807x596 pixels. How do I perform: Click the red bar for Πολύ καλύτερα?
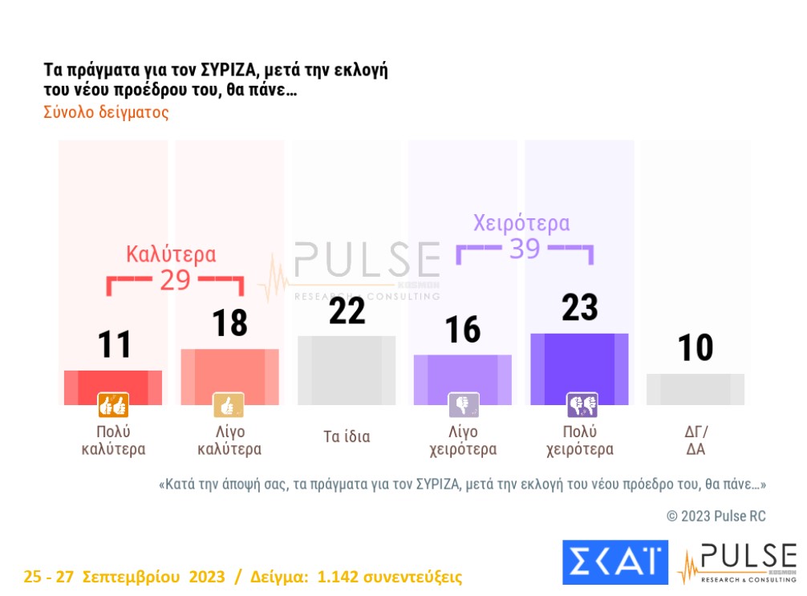113,387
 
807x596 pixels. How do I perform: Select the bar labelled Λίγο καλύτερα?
230,376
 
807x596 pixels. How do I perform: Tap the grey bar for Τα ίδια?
347,370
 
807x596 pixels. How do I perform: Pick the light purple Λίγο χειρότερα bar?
463,379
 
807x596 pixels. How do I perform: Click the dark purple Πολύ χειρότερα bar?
579,369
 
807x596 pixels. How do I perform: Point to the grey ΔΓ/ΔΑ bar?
695,389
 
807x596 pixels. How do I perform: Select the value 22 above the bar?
347,311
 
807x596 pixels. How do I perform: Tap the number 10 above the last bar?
695,349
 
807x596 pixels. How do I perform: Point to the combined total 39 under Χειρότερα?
525,249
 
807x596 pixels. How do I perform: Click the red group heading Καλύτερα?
171,254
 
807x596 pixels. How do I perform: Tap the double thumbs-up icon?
113,406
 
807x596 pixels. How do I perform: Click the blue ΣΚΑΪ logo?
615,562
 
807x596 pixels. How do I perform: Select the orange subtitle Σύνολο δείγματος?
106,112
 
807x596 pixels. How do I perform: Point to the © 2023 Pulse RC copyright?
716,516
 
